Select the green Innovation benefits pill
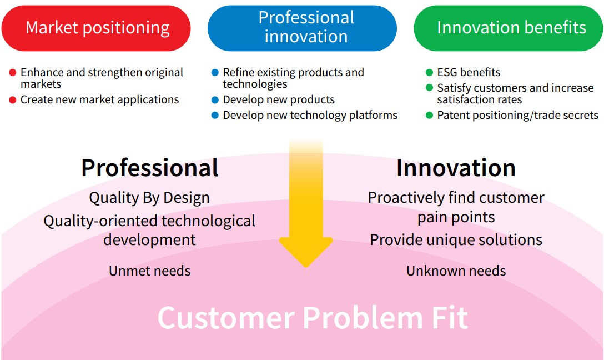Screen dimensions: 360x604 coord(509,28)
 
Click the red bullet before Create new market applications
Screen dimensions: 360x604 coord(13,100)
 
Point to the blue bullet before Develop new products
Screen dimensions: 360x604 coord(215,100)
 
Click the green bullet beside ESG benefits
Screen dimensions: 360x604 coord(429,73)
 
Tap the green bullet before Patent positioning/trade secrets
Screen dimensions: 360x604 coord(429,116)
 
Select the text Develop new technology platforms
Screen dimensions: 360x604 coord(310,116)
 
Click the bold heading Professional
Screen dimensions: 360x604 coord(149,168)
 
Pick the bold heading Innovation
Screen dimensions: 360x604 coord(456,168)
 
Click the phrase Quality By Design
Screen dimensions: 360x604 coord(149,198)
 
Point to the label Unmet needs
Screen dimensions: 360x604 coord(149,271)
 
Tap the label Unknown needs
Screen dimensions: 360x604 coord(456,271)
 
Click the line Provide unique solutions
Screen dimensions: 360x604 coord(456,240)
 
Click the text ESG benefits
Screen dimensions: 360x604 coord(469,73)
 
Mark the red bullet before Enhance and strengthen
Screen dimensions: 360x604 coord(13,73)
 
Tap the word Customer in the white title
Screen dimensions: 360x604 coord(226,318)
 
